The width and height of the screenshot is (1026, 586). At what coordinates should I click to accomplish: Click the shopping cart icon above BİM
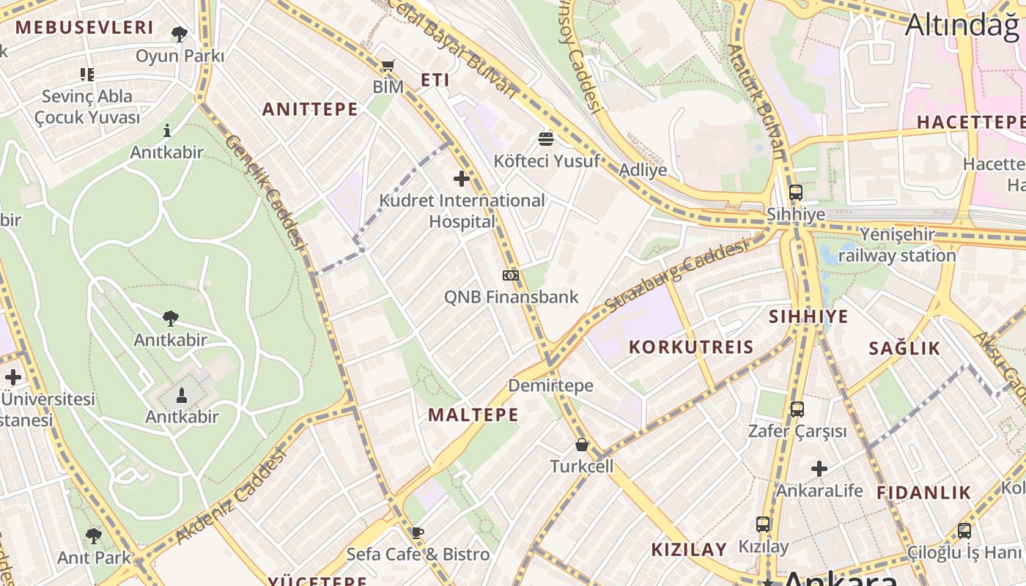click(388, 66)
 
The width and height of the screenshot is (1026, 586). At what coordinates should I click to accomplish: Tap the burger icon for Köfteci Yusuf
click(546, 138)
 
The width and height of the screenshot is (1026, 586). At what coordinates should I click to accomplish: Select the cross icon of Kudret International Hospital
click(462, 178)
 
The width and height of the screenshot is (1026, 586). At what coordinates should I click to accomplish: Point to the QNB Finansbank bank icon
click(511, 275)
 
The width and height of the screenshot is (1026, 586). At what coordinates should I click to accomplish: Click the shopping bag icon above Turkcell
click(582, 445)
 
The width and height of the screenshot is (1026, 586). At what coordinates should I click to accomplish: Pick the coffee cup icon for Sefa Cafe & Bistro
click(418, 533)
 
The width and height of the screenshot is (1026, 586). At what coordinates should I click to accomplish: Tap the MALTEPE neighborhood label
click(473, 415)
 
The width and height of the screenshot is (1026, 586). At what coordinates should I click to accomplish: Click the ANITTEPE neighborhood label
click(311, 109)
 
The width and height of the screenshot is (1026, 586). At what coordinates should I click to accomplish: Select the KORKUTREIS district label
click(691, 346)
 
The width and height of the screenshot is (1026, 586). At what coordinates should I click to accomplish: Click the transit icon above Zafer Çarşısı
click(797, 409)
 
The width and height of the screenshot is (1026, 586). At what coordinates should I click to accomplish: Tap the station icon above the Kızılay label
click(764, 524)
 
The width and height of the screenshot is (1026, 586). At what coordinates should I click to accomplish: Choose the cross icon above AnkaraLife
click(819, 469)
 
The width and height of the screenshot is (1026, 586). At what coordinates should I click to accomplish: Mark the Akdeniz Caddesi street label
click(232, 497)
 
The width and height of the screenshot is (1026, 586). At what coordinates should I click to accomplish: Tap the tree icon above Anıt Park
click(94, 536)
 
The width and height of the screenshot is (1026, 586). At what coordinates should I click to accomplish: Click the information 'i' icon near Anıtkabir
click(167, 130)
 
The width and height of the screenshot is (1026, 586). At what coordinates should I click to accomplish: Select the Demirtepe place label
click(551, 385)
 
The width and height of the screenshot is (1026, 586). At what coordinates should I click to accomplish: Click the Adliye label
click(643, 170)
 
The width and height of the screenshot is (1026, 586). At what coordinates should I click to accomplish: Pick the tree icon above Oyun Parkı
click(180, 34)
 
